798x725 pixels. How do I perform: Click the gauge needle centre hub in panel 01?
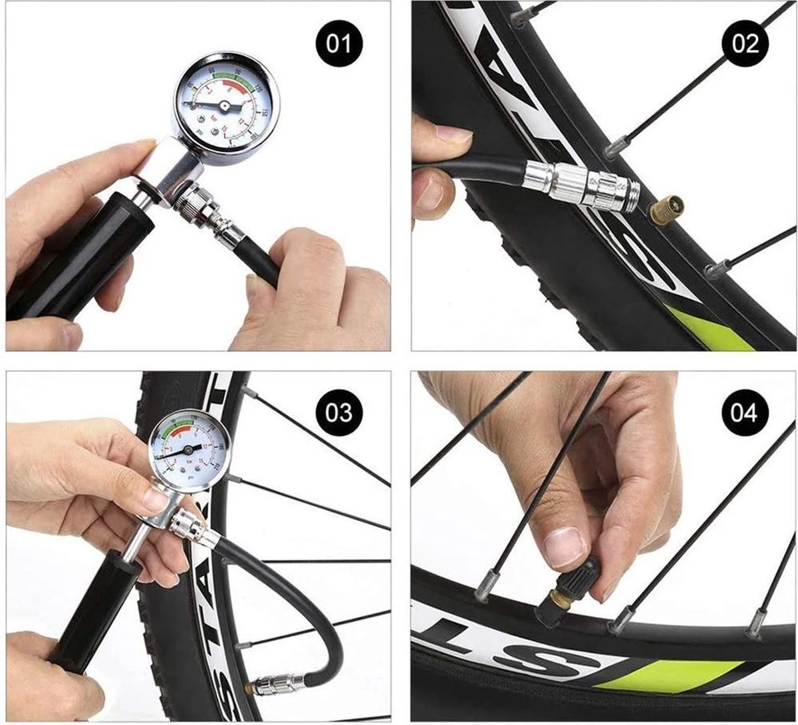point(224,105)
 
